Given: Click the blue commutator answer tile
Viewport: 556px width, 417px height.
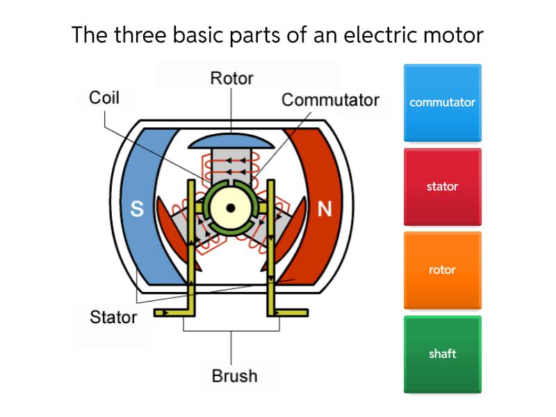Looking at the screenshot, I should [442, 103].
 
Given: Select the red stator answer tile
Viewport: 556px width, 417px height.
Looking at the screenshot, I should [442, 186].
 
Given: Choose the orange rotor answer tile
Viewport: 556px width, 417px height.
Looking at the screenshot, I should [442, 270].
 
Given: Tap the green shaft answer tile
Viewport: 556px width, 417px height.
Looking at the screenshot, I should [442, 354].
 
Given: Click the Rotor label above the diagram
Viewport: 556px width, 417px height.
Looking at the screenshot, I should [231, 79].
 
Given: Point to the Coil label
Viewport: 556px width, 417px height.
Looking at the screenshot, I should [104, 98].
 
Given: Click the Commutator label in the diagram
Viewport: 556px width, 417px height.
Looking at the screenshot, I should [330, 100].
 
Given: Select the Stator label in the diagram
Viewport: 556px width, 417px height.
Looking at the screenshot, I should [113, 318].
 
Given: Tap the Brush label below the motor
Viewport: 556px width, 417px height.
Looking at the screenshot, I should [234, 376].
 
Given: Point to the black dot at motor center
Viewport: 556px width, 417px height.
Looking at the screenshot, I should [230, 208].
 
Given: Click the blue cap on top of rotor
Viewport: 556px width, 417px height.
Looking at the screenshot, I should [230, 140].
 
